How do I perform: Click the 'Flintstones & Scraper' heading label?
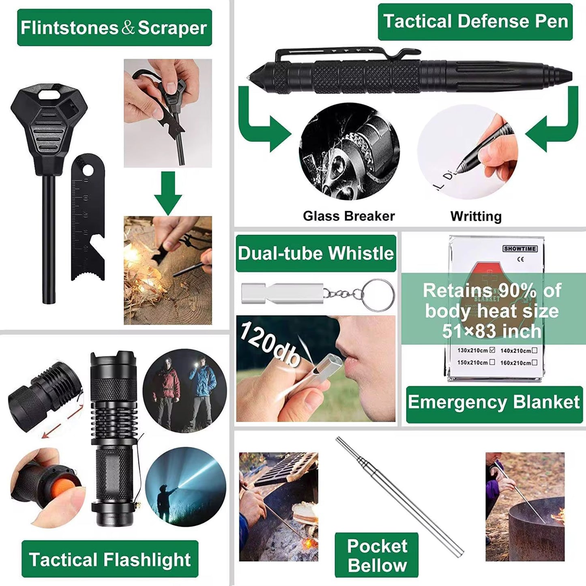[x=114, y=28]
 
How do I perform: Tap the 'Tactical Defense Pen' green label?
[x=475, y=21]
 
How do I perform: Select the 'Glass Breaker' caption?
[x=349, y=216]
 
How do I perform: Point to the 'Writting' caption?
[x=476, y=216]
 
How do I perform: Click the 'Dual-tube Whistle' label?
[x=316, y=253]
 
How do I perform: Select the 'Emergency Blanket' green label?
[x=494, y=402]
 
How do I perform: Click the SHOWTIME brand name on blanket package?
[x=520, y=249]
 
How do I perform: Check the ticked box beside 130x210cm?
[x=492, y=350]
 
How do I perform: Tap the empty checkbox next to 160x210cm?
[x=534, y=362]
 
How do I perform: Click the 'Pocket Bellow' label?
[x=377, y=555]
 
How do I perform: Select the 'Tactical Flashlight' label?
[x=110, y=559]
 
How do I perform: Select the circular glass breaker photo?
[x=349, y=151]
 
